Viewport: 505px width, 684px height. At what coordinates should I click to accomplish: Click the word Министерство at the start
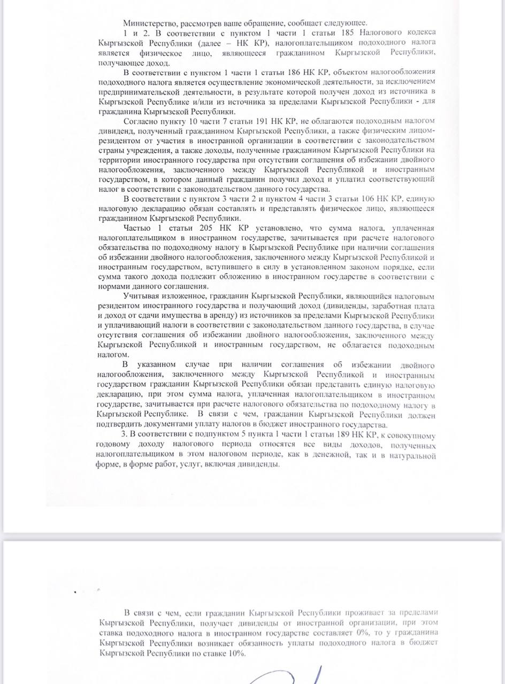click(149, 23)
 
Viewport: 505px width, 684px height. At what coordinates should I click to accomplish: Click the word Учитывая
click(141, 296)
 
